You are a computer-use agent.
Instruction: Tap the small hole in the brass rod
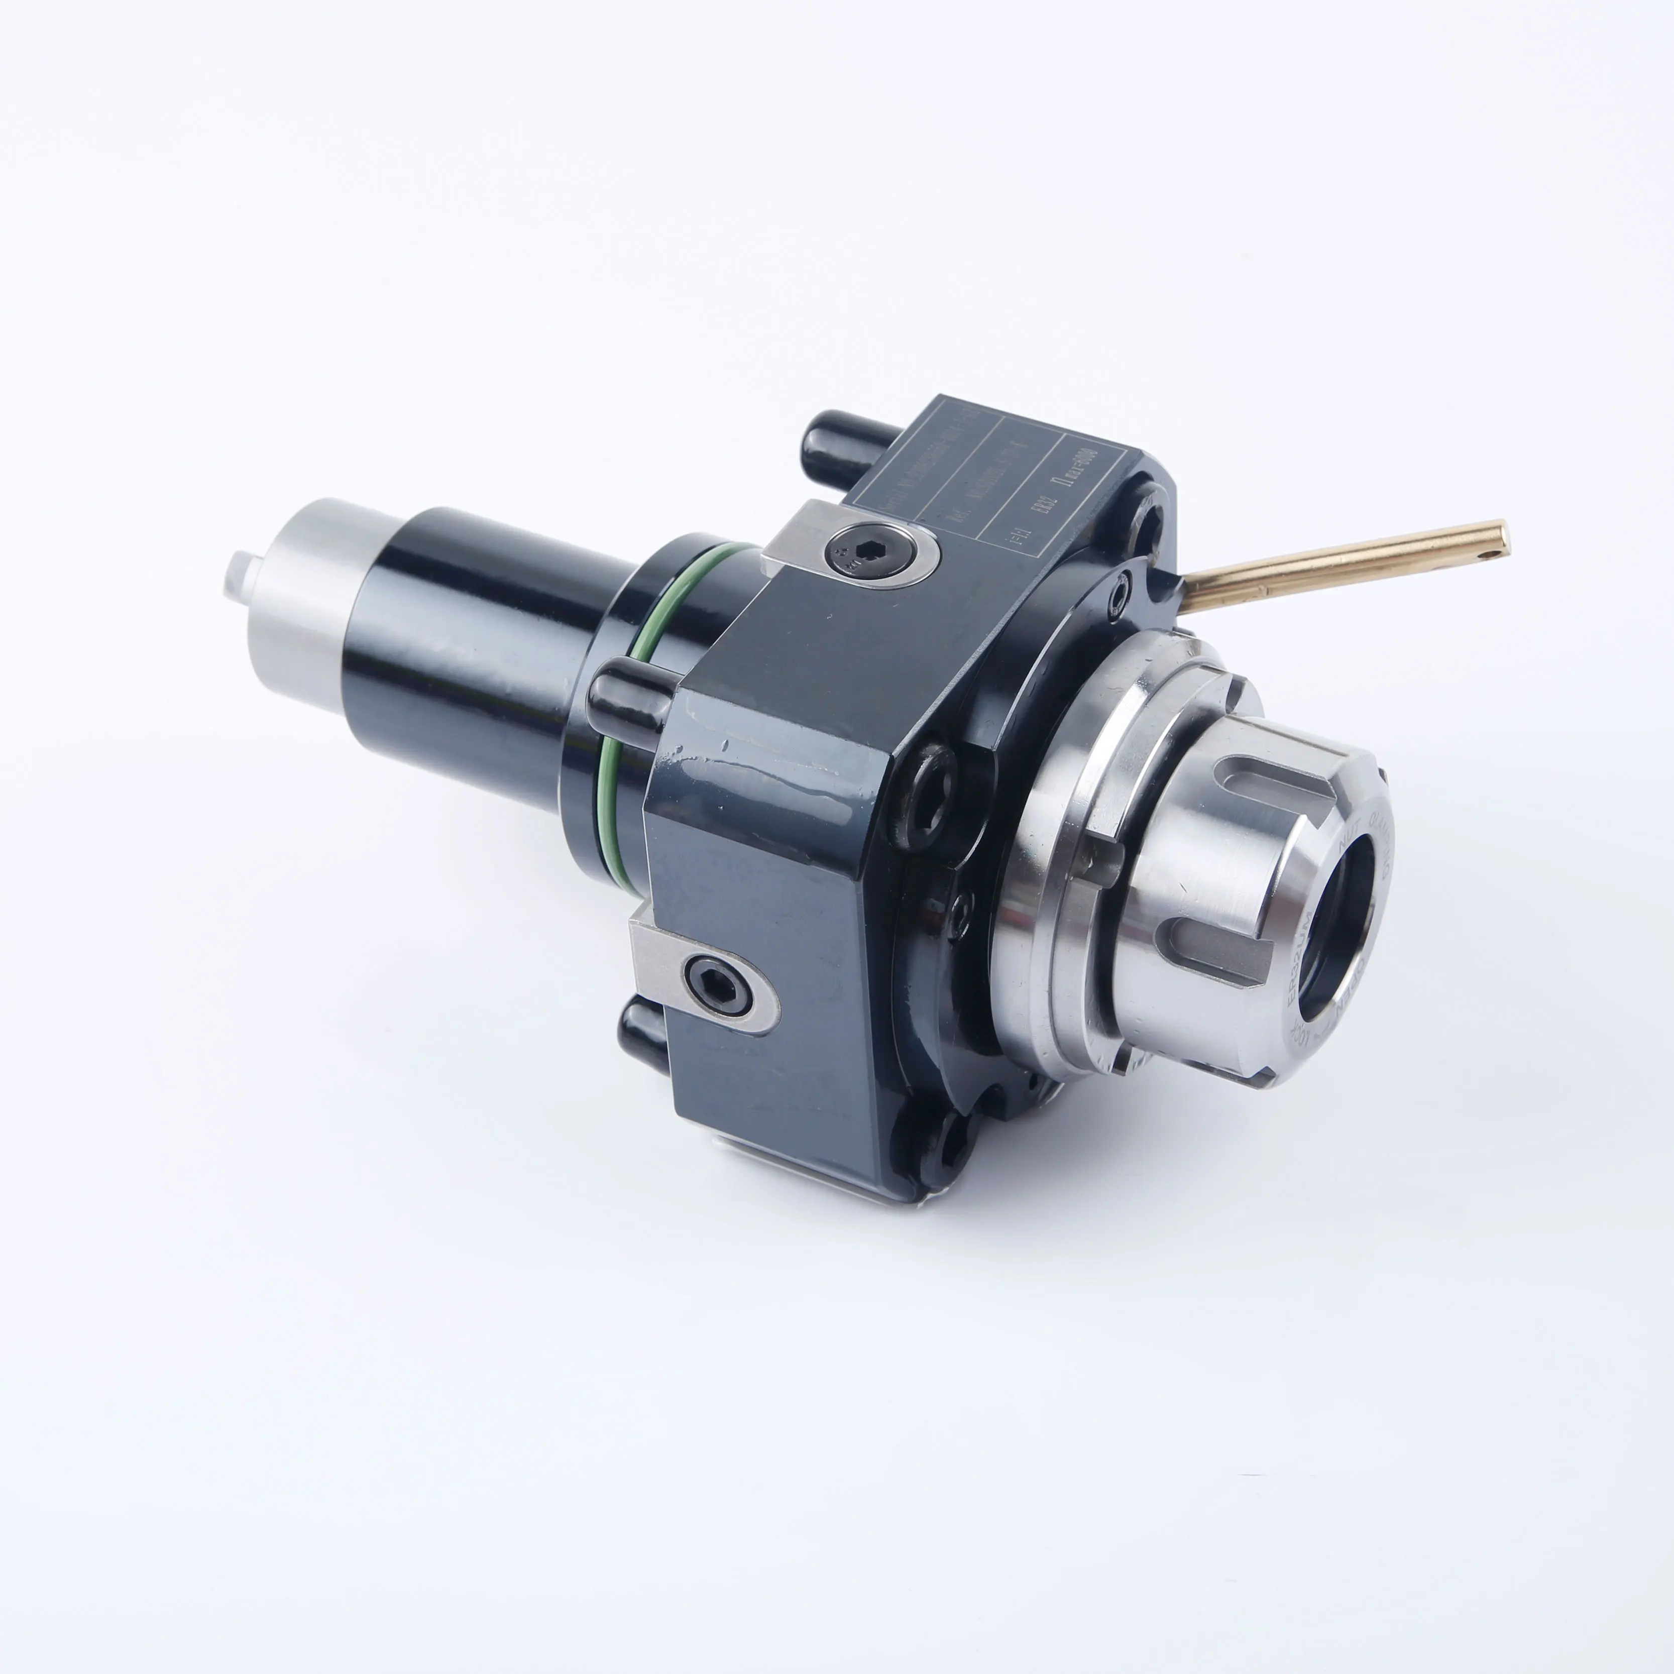pyautogui.click(x=1492, y=546)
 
